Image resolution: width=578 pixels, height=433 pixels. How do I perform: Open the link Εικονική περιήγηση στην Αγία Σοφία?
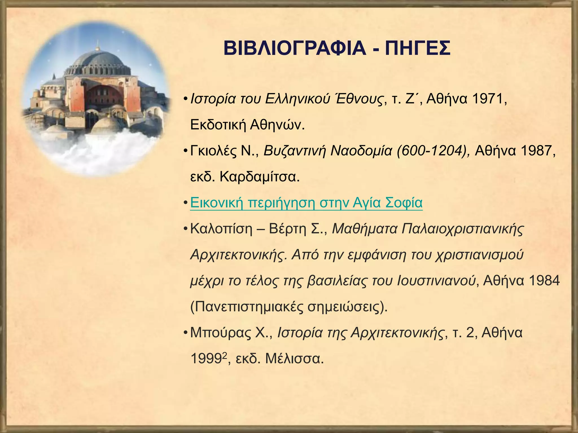coord(306,203)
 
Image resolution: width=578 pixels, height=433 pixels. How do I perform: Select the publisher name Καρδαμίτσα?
coord(259,177)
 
